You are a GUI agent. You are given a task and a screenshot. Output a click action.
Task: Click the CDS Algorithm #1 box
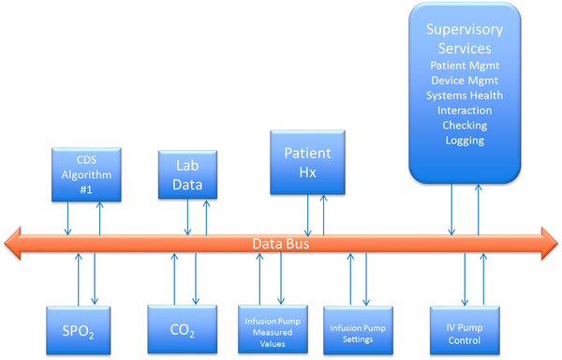coord(83,174)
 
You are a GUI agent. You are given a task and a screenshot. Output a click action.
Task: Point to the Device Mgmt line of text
coord(465,81)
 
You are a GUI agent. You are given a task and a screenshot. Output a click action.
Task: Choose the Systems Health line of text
coord(465,96)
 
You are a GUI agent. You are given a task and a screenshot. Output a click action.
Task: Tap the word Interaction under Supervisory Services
coord(465,111)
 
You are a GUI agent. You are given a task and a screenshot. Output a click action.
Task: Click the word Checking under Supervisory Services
coord(465,126)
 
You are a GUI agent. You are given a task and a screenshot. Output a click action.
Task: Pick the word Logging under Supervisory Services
coord(465,141)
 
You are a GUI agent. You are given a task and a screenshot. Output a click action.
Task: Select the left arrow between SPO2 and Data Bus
coord(72,281)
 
